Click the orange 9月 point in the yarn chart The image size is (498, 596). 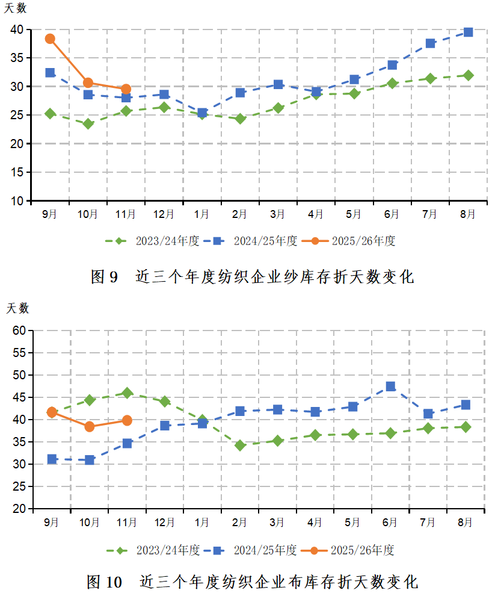coord(50,39)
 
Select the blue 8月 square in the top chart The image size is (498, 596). coord(468,32)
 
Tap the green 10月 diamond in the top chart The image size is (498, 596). coord(88,123)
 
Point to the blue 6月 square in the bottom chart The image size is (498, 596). coord(390,386)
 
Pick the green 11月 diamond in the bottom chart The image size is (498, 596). coord(127,393)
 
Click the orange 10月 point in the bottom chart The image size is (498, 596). coord(90,427)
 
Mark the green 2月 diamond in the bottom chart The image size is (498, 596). coord(240,445)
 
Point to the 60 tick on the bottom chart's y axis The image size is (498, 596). coord(19,331)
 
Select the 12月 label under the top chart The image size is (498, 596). coord(164,214)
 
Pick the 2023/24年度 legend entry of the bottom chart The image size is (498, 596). coord(153,550)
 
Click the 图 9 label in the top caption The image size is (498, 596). coord(105,277)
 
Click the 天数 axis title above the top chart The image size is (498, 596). coord(16,9)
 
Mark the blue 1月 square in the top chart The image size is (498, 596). coord(202,113)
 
